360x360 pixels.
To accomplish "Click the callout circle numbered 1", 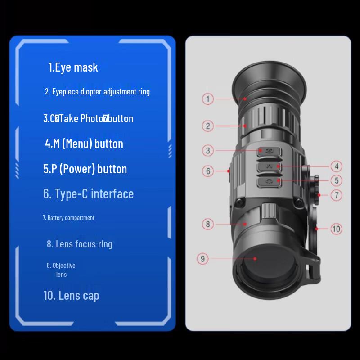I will point(207,99).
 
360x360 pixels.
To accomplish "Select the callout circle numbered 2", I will point(207,126).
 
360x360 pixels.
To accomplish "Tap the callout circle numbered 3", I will point(207,150).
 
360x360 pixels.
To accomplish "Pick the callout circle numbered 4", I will point(336,166).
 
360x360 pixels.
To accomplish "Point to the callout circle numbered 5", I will point(336,181).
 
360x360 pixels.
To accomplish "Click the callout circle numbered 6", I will point(208,171).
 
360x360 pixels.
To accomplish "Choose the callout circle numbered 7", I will point(336,195).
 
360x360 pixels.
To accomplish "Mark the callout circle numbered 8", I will point(207,224).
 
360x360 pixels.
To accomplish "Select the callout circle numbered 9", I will point(203,259).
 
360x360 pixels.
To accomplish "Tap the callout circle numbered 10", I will point(336,229).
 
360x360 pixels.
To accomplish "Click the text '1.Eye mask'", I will point(73,67).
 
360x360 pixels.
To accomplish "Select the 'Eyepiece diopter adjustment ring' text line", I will point(97,92).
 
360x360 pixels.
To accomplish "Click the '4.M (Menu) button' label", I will point(84,144).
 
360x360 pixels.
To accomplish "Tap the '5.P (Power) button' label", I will point(85,169).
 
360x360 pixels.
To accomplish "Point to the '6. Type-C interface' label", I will point(89,194).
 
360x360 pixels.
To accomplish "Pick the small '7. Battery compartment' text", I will point(68,218).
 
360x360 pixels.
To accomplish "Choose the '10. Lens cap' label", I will point(71,296).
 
